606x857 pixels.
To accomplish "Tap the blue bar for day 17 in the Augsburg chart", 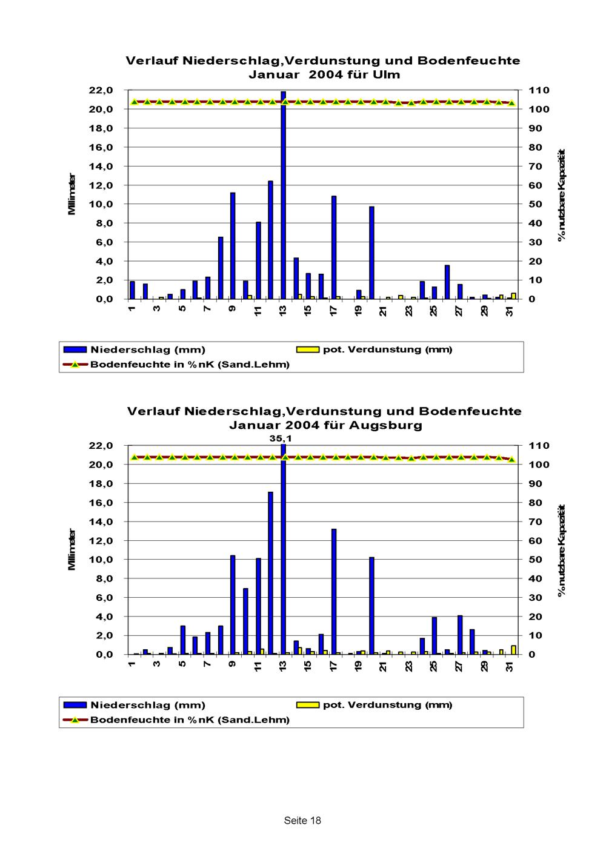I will (x=333, y=591).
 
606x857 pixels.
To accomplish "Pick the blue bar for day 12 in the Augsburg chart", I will (x=270, y=573).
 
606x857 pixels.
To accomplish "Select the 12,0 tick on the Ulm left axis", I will (x=101, y=185).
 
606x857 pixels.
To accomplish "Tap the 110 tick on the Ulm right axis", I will (x=539, y=90).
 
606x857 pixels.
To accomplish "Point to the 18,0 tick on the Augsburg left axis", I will (x=101, y=484).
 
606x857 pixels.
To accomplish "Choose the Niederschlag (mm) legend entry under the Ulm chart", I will (x=147, y=350).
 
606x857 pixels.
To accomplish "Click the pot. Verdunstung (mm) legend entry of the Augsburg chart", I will (x=387, y=705).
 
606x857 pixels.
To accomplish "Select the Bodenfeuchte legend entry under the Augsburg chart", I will (x=190, y=720).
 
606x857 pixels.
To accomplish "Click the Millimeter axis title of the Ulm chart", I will (x=72, y=194).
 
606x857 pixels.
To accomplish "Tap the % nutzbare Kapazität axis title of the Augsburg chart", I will (x=562, y=550).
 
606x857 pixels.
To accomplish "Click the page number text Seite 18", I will (x=302, y=821).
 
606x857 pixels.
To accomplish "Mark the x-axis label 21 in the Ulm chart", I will (x=384, y=311).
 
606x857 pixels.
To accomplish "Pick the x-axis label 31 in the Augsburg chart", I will (x=510, y=667).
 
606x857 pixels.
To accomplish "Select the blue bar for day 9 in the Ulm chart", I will (x=233, y=246).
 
